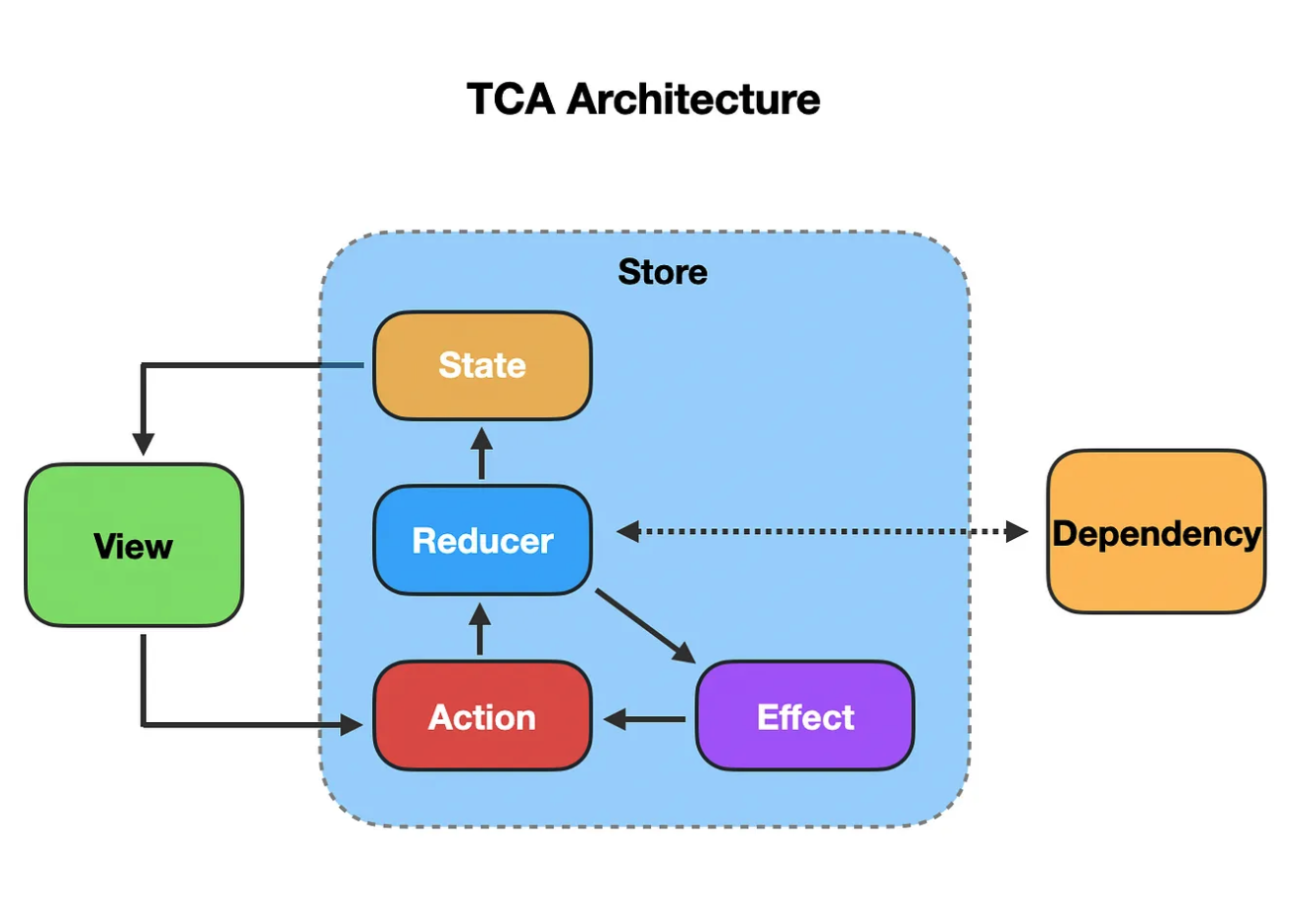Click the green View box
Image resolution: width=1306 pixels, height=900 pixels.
[x=135, y=545]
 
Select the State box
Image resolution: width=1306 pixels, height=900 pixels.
[x=483, y=366]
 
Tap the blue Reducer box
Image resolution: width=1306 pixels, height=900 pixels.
[x=483, y=540]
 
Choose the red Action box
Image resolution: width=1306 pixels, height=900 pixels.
[x=483, y=716]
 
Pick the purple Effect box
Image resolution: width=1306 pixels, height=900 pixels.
[x=805, y=716]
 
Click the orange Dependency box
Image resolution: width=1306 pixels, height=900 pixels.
[x=1157, y=532]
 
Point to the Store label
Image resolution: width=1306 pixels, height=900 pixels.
[x=663, y=272]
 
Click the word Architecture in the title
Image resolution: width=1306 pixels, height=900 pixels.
[x=694, y=99]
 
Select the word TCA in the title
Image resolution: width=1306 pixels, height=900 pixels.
[x=512, y=99]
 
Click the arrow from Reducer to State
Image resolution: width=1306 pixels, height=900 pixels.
[x=482, y=454]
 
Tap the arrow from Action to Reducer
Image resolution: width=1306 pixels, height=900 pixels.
[x=480, y=629]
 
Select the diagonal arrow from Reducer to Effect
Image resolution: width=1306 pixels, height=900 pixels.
[x=645, y=627]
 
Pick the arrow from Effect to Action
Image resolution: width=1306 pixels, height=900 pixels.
[x=645, y=719]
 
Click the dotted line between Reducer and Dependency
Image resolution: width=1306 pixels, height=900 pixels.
[x=822, y=532]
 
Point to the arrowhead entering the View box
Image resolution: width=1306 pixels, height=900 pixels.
[x=143, y=445]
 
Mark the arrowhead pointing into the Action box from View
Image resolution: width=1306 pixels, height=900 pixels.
[x=351, y=725]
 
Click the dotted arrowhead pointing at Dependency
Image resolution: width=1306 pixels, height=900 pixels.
[x=1017, y=532]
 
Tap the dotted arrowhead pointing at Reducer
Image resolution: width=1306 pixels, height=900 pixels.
[x=628, y=532]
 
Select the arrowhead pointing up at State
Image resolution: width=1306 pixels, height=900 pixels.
[x=482, y=438]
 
